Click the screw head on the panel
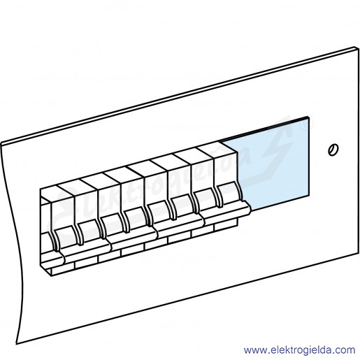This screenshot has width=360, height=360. (333, 150)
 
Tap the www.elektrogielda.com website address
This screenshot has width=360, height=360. (299, 350)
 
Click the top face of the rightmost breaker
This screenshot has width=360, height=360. (217, 147)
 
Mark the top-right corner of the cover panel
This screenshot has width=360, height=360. (358, 47)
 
